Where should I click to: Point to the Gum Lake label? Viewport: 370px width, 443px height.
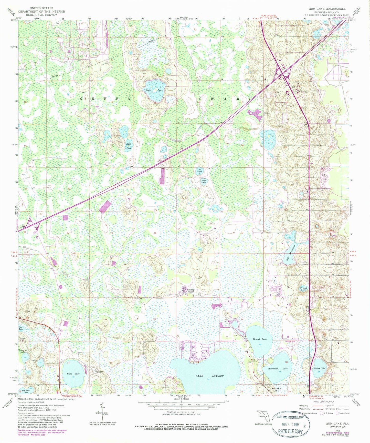coord(73,374)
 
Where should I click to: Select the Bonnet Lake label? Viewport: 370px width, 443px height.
coord(260,339)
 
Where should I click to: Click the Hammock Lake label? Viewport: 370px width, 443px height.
coord(278,368)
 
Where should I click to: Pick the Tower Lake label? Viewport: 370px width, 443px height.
coord(319,368)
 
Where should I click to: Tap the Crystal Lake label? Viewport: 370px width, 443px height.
coord(303,289)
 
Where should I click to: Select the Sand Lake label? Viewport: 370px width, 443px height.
coord(204,182)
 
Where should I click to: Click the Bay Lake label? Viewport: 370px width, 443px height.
coord(21,328)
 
